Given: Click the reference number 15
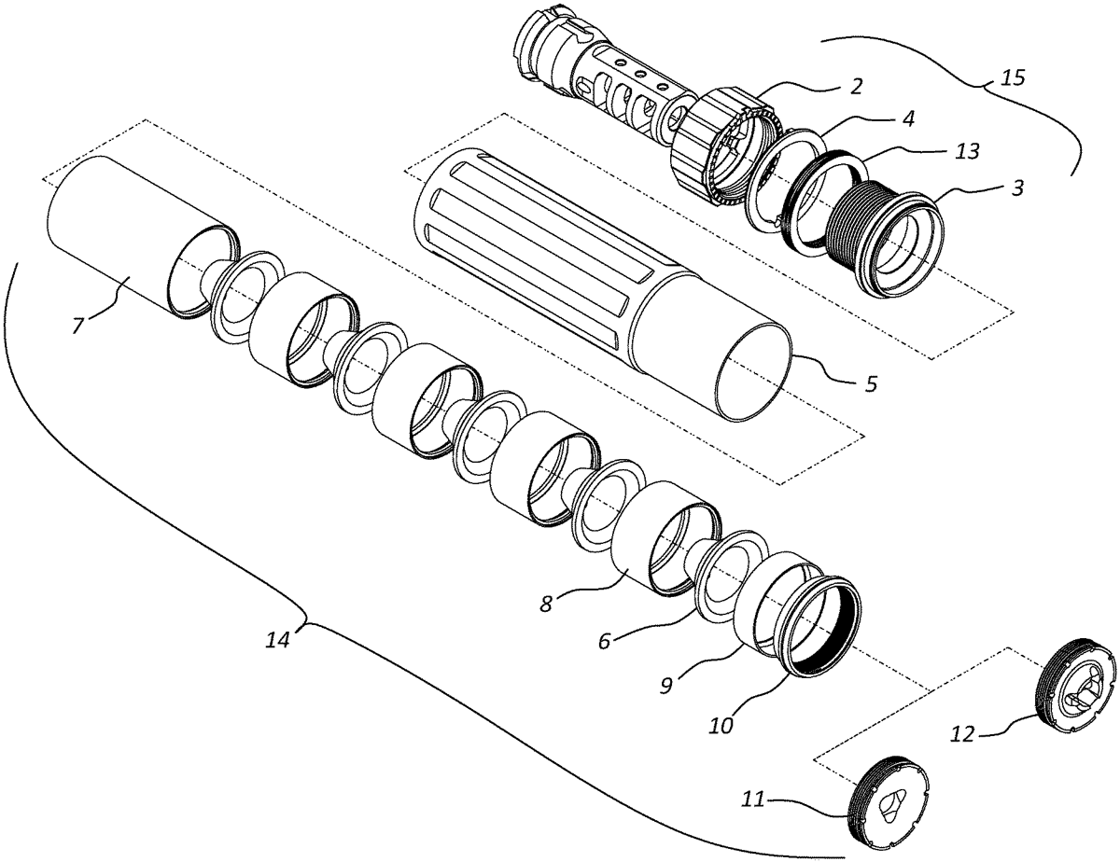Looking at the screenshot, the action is point(1012,78).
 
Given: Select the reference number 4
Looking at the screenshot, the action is point(909,119).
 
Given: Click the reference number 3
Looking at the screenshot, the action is point(1016,189).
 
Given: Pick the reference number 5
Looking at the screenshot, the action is point(870,384).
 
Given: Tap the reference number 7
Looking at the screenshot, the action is point(77,325).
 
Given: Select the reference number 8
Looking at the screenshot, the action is point(546,604).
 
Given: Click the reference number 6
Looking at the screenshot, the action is point(604,641).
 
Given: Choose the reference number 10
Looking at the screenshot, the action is point(721,726).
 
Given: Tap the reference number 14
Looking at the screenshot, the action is point(278,640).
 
